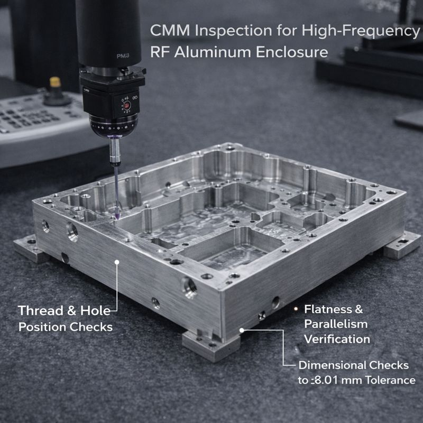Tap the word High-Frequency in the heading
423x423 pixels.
(360, 31)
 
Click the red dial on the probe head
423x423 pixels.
(126, 106)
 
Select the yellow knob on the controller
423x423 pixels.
(55, 82)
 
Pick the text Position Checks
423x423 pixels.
(66, 327)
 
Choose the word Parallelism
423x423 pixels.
(335, 324)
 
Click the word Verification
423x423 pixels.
(337, 338)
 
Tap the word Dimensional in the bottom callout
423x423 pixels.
(332, 365)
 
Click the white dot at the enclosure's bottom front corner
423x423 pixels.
(242, 330)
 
